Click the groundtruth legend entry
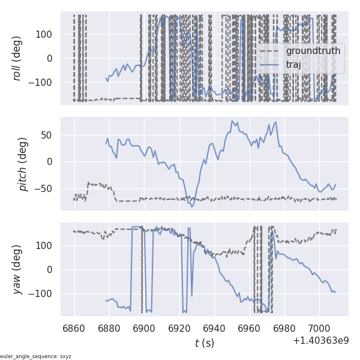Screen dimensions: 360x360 (313, 51)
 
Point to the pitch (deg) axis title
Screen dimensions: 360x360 (23, 164)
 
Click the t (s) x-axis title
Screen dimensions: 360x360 (204, 343)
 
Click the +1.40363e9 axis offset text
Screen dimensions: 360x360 (320, 341)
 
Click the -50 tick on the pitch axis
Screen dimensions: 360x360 (44, 189)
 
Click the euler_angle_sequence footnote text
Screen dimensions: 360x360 (36, 356)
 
